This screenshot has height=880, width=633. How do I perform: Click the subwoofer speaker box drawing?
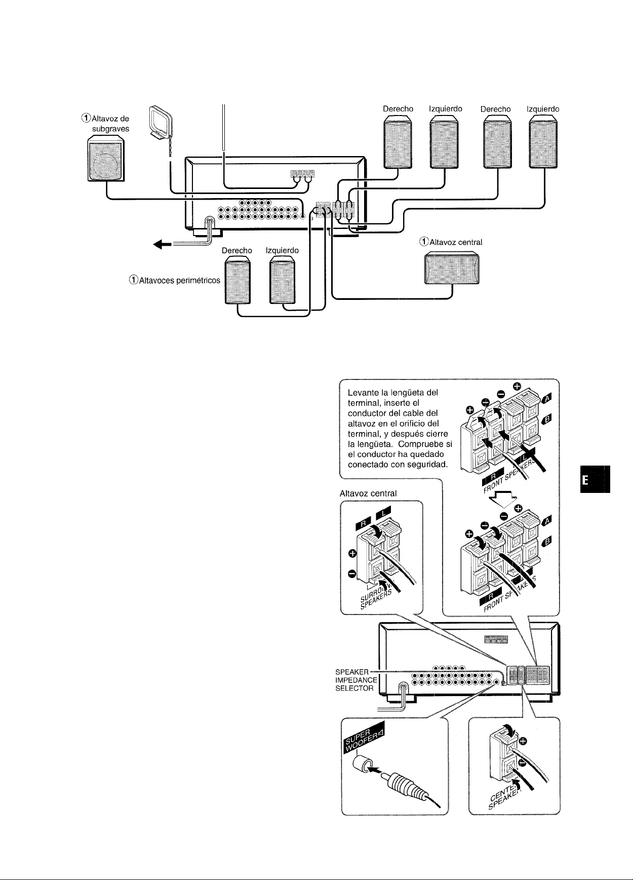[105, 160]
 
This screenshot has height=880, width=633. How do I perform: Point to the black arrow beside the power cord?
[162, 245]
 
